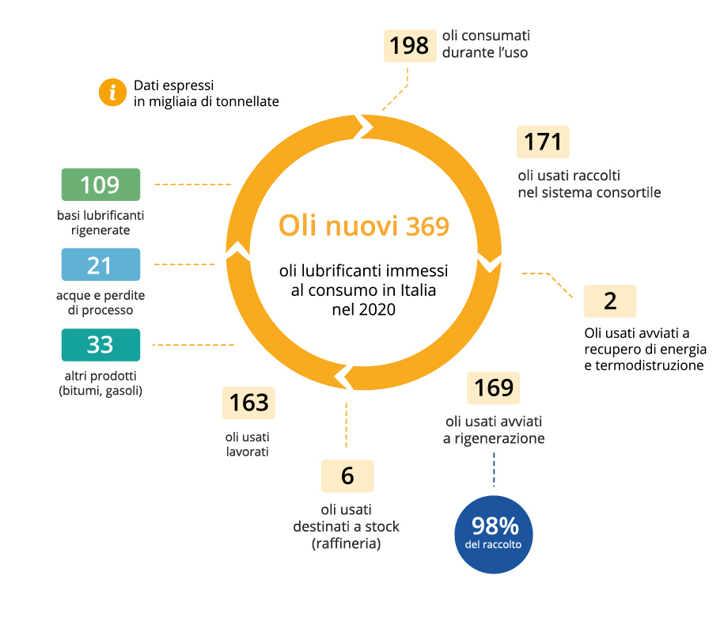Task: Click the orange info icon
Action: coord(112,92)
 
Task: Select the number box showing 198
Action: coord(410,46)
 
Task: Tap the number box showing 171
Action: coord(543,142)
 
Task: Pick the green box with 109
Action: coord(100,184)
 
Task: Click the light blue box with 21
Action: coord(100,264)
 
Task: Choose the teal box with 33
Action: coord(100,344)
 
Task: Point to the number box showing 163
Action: coord(248,403)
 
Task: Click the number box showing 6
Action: coord(347,476)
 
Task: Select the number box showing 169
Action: coord(493,388)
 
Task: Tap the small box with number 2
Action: coord(609,301)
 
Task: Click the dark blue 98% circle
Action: coord(494,535)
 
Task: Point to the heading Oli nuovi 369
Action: coord(364,226)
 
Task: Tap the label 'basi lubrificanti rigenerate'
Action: coord(100,223)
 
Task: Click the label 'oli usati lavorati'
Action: coord(248,445)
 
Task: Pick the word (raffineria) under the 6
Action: coord(347,543)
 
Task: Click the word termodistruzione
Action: coord(650,365)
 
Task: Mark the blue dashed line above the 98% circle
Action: coord(494,469)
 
